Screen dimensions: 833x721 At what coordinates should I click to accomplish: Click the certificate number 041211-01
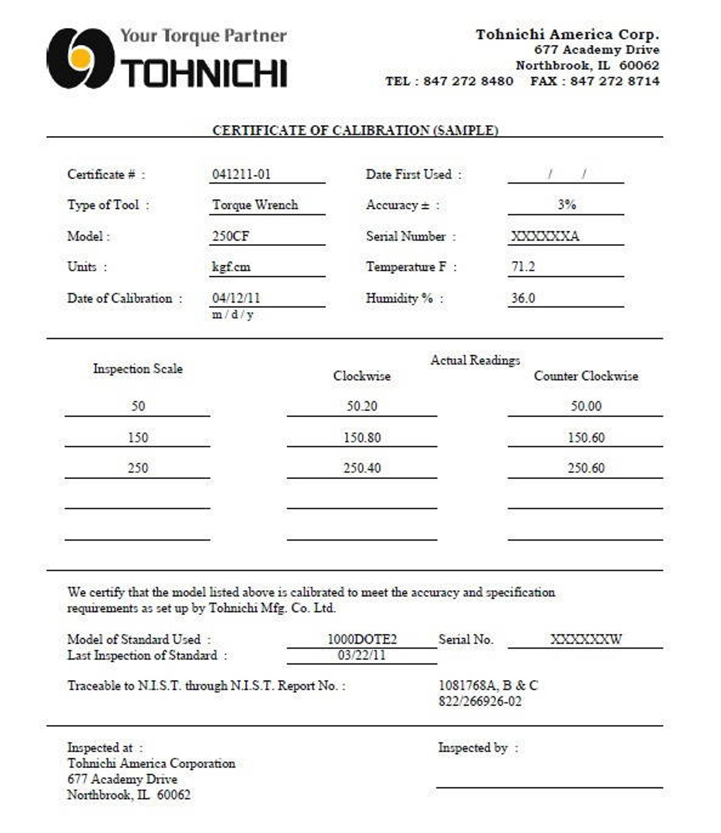pos(241,174)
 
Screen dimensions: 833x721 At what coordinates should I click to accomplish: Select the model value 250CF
pos(230,236)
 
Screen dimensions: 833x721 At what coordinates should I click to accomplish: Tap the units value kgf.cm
pos(231,267)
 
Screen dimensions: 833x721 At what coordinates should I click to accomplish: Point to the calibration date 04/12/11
pos(236,298)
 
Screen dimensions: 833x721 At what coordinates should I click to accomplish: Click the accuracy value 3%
pos(566,204)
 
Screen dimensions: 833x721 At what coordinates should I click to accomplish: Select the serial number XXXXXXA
pos(545,236)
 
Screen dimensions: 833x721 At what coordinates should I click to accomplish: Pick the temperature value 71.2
pos(523,267)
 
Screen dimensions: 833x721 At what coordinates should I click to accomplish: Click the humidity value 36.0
pos(523,298)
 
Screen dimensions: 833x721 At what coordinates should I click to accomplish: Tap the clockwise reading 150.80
pos(362,437)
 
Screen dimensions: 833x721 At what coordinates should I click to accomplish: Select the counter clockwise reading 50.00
pos(586,406)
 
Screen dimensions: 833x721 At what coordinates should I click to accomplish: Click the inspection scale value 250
pos(138,468)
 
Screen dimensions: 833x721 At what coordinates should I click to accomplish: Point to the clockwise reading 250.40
pos(362,468)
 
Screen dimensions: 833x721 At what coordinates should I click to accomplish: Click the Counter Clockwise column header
pos(586,376)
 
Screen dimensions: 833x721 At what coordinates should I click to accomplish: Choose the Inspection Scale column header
pos(138,369)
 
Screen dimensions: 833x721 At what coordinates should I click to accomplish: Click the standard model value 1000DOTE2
pos(362,639)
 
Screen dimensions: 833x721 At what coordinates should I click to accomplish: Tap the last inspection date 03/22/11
pos(362,655)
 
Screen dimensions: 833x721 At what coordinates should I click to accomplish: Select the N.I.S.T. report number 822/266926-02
pos(480,702)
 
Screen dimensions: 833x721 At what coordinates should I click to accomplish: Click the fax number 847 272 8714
pos(614,81)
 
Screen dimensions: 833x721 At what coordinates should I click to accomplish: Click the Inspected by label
pos(472,748)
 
